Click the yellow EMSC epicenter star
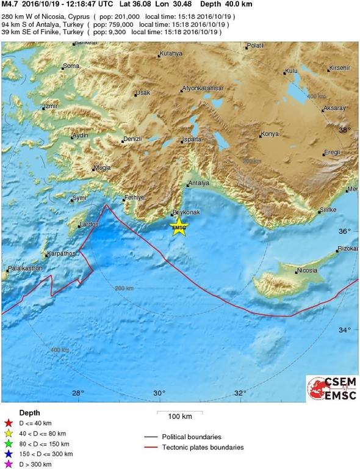(x=179, y=228)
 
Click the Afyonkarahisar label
(x=203, y=89)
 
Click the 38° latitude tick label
(x=345, y=130)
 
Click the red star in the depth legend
(x=8, y=423)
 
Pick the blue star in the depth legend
(x=8, y=454)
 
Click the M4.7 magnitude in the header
(x=11, y=4)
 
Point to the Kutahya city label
(x=170, y=54)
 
